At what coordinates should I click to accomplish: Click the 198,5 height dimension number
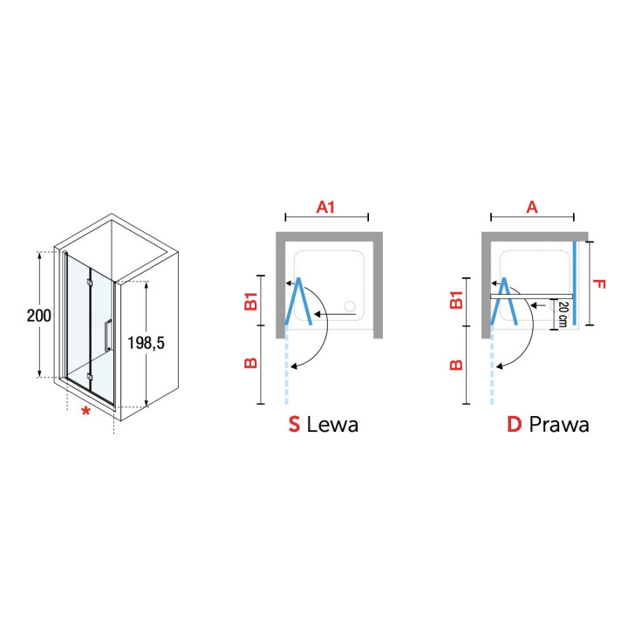click(x=147, y=343)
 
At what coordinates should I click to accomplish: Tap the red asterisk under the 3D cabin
click(x=85, y=411)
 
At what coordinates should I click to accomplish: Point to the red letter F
click(x=597, y=283)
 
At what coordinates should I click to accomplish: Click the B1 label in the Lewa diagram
click(x=250, y=302)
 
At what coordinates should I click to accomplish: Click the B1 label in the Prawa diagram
click(x=455, y=302)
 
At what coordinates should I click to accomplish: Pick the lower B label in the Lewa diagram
click(x=250, y=363)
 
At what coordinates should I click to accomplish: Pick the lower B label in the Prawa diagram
click(x=455, y=363)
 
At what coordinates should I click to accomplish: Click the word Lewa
click(x=332, y=425)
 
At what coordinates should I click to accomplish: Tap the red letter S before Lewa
click(x=295, y=425)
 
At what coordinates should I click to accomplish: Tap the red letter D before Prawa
click(x=514, y=425)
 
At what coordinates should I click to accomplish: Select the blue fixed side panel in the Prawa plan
click(x=576, y=283)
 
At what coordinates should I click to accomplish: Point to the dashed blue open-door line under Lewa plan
click(x=286, y=371)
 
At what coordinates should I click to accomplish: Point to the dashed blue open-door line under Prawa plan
click(x=493, y=371)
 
